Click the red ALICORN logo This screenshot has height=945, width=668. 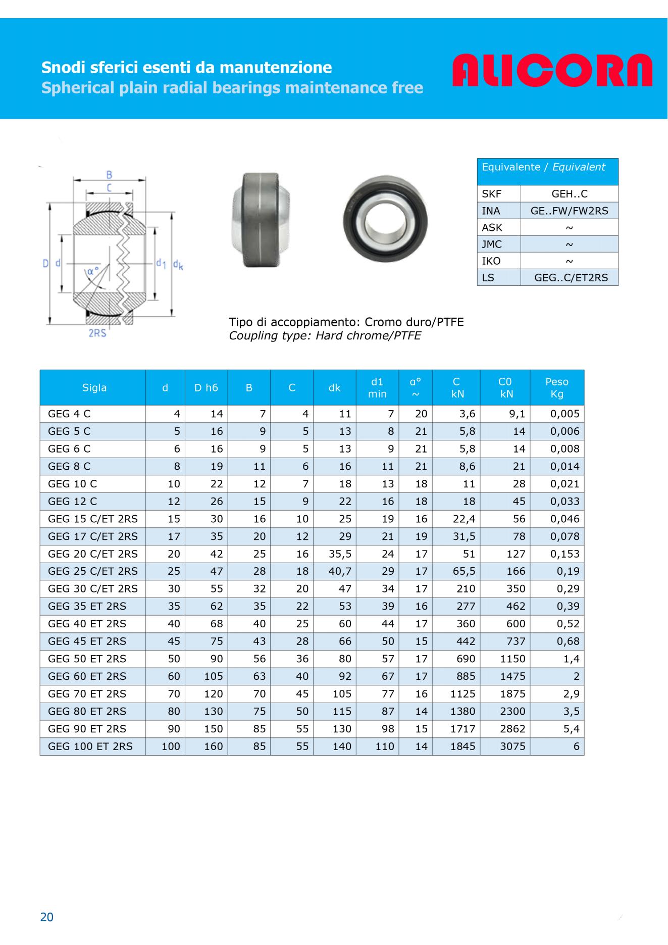pos(552,70)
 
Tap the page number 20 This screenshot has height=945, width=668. pos(46,917)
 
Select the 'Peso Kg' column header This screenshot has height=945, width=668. pos(556,387)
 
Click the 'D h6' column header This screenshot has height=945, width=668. pos(206,387)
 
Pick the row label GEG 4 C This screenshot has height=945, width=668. pos(69,414)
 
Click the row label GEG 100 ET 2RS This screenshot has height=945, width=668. pos(90,746)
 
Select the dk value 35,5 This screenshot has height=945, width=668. pos(340,554)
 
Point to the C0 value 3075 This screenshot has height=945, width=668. pos(512,746)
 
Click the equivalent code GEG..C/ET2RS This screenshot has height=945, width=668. pos(571,277)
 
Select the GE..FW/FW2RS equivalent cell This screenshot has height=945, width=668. pos(569,211)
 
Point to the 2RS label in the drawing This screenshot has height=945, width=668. pos(97,333)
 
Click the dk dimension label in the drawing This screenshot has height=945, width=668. pos(178,264)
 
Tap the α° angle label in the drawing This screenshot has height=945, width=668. pos(93,271)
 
